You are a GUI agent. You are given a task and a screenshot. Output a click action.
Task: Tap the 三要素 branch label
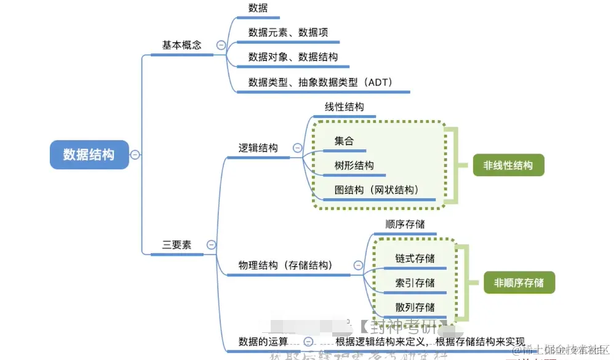[177, 245]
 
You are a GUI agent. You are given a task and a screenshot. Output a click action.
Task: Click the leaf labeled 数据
[258, 8]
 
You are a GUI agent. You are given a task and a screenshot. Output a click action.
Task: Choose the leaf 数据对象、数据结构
[293, 57]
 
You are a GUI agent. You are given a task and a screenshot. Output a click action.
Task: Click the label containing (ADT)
[320, 82]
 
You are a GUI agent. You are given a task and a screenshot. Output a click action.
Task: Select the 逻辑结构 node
[258, 148]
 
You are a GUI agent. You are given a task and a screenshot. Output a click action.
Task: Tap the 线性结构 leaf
[344, 107]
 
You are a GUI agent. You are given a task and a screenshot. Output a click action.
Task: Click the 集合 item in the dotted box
[344, 141]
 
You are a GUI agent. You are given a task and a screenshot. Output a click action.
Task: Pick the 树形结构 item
[354, 166]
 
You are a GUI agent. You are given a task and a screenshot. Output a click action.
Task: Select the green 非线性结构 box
[508, 166]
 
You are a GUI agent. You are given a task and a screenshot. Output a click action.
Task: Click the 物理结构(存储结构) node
[285, 266]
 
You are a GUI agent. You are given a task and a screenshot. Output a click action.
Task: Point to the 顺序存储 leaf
[405, 225]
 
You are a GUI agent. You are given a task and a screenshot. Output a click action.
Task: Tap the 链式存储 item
[415, 258]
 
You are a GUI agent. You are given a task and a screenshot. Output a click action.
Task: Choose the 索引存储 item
[415, 283]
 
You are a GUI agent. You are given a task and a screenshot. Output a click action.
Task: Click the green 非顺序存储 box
[519, 283]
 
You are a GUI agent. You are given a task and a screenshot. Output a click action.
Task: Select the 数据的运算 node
[263, 342]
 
